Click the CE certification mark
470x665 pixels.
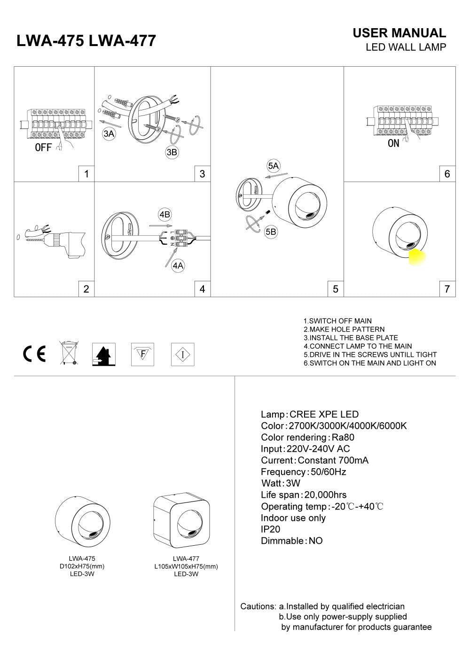[x=35, y=354]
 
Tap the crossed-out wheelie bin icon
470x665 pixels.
[x=69, y=353]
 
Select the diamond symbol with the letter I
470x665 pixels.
[x=182, y=354]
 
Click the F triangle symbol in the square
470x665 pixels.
[x=142, y=354]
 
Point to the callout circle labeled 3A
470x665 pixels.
[x=109, y=134]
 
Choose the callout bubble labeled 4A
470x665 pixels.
[x=177, y=266]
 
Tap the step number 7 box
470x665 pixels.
[x=447, y=289]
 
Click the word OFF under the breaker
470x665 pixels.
[x=43, y=147]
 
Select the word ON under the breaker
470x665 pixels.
[x=393, y=144]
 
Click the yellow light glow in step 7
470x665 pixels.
[x=417, y=257]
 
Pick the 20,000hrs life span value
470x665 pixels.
[x=325, y=495]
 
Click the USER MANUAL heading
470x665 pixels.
[x=399, y=33]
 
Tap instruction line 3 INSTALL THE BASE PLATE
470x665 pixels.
[x=351, y=338]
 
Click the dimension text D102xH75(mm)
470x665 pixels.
[x=82, y=566]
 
